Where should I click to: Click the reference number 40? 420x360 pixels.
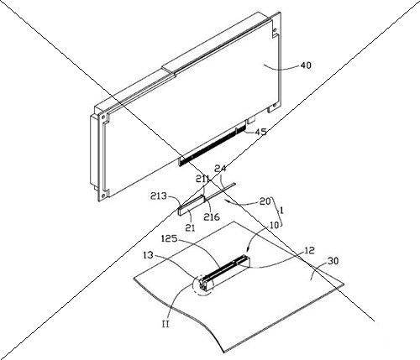(306, 65)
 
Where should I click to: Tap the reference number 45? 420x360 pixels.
(260, 132)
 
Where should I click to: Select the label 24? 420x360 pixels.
(220, 169)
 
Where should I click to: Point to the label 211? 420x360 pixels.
(202, 179)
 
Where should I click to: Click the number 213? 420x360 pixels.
(158, 196)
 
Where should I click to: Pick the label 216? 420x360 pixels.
(212, 217)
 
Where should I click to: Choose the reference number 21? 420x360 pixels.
(190, 228)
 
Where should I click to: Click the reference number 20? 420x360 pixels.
(265, 201)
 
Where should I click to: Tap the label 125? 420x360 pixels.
(170, 238)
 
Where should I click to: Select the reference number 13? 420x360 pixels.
(148, 255)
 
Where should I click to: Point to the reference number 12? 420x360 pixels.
(309, 250)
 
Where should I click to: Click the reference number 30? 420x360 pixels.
(333, 261)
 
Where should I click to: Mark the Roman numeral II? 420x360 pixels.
(165, 324)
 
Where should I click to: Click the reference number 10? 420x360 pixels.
(275, 225)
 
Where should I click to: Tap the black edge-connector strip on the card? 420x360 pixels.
(213, 145)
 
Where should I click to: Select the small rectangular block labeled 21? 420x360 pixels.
(192, 205)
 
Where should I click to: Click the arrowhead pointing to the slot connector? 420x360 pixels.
(248, 249)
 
